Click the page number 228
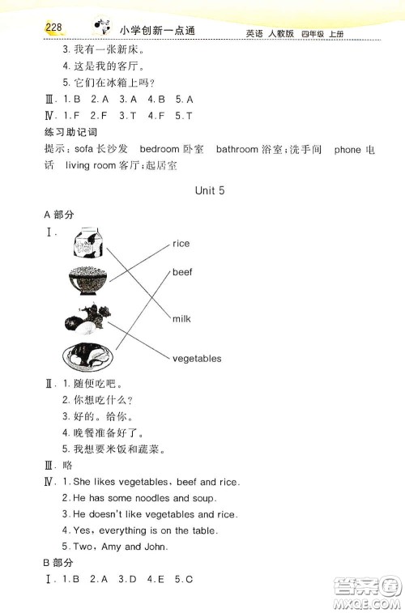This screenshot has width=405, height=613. click(49, 28)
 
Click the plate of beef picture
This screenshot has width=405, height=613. click(89, 356)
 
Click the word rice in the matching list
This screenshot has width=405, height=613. click(181, 243)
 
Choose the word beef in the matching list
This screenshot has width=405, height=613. click(182, 272)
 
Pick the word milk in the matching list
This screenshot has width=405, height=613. click(181, 319)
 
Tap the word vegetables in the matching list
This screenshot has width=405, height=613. click(196, 358)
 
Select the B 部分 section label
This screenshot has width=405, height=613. click(58, 562)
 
